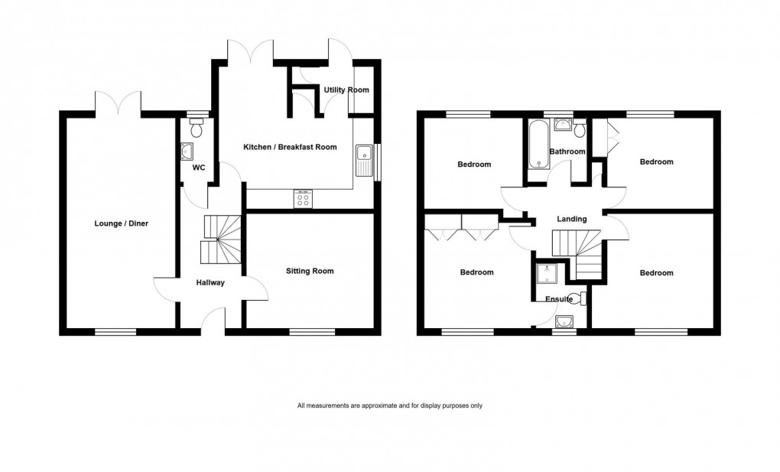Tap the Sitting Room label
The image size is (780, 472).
(310, 271)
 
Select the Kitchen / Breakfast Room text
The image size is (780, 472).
(290, 147)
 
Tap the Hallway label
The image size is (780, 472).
(210, 282)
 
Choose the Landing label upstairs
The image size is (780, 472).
(571, 220)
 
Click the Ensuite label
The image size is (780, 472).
(559, 299)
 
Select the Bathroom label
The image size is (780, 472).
(570, 151)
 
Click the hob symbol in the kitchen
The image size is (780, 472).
(303, 199)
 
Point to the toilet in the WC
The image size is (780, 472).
(197, 129)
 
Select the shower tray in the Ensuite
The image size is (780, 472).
(547, 275)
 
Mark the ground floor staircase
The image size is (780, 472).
(221, 239)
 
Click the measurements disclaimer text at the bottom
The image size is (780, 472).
(390, 405)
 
